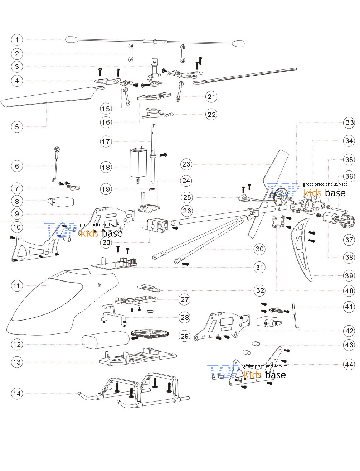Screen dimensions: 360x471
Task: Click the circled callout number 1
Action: (17, 40)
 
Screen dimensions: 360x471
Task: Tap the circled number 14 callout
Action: (17, 394)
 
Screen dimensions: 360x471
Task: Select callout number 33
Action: (349, 122)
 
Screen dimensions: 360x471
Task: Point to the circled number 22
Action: (211, 114)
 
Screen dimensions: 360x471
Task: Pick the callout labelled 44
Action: (349, 364)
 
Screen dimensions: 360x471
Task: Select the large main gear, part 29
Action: (150, 333)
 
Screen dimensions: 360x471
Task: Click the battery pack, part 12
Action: (106, 340)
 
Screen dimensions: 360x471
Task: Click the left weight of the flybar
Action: (72, 39)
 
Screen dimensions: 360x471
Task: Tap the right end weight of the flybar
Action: (238, 44)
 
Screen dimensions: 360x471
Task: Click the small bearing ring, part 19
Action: (152, 190)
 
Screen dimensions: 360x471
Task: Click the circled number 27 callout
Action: (185, 299)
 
